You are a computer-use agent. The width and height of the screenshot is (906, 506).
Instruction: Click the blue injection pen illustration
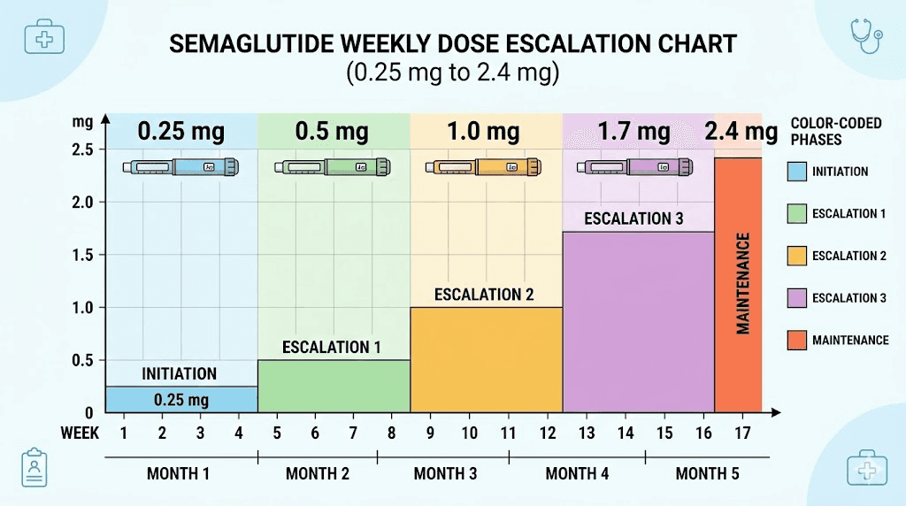click(x=180, y=166)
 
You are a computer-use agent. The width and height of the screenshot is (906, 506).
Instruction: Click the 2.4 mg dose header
click(x=741, y=132)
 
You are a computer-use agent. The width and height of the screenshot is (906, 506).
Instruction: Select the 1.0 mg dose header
click(x=482, y=132)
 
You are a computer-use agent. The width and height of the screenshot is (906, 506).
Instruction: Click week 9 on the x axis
click(x=431, y=433)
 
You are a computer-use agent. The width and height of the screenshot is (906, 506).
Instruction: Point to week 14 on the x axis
click(x=624, y=433)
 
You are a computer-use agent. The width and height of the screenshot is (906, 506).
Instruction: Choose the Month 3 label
click(x=445, y=474)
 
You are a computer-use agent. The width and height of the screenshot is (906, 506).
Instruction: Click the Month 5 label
click(x=707, y=474)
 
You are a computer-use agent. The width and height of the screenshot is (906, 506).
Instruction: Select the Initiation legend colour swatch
click(x=796, y=172)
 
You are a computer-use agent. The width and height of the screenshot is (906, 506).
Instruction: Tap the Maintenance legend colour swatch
click(x=796, y=340)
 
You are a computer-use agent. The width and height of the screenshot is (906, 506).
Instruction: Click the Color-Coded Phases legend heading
click(x=835, y=131)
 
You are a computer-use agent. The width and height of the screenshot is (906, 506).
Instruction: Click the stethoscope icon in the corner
click(x=866, y=36)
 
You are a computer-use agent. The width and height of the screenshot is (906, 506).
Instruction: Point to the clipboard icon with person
click(x=34, y=466)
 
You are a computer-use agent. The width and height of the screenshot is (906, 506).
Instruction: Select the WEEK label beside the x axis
click(x=80, y=433)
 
